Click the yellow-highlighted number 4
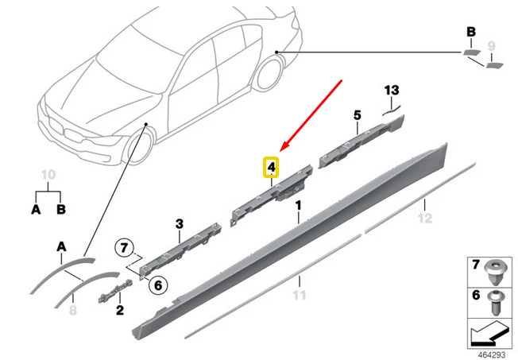click(x=272, y=167)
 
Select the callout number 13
click(x=390, y=91)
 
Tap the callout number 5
click(x=357, y=116)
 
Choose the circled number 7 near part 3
click(x=123, y=247)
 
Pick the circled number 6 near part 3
click(x=157, y=284)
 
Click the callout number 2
click(x=119, y=311)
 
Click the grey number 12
click(x=427, y=217)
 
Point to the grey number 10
click(x=48, y=173)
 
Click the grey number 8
click(x=73, y=311)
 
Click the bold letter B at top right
click(x=470, y=32)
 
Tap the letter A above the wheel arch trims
click(x=61, y=246)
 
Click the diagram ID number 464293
click(x=491, y=350)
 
